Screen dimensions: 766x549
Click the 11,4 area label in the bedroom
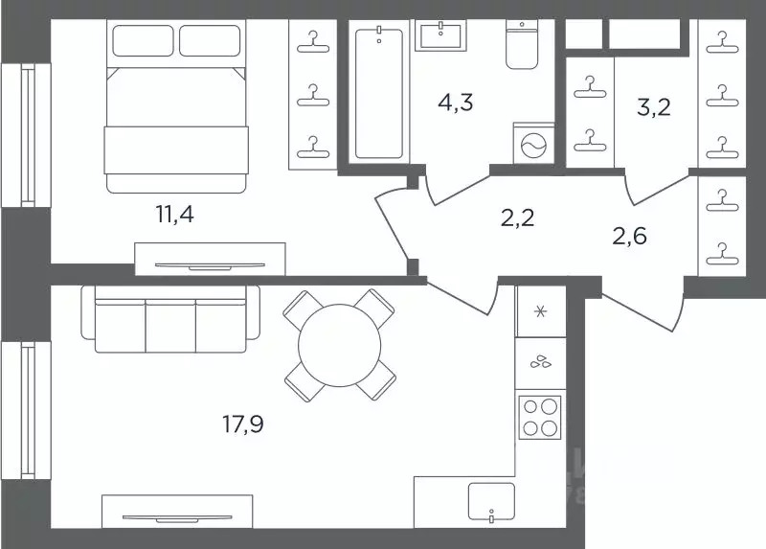175,214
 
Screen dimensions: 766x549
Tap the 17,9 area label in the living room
243,423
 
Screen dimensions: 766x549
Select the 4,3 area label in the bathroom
456,103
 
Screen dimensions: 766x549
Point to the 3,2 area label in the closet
654,107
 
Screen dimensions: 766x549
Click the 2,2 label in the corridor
517,217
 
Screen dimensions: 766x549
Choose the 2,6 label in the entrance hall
630,236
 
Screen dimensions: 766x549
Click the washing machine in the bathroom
534,144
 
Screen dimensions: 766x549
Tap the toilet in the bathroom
522,44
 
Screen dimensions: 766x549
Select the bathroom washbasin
440,34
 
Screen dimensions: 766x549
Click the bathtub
379,93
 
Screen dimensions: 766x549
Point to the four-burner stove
540,417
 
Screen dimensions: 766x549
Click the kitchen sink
491,502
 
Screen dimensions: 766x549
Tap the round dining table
340,345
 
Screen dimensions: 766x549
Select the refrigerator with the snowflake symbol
541,311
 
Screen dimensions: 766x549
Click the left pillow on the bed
143,40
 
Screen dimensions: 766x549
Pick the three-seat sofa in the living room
170,319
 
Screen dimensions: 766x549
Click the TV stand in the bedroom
210,259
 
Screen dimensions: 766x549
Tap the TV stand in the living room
177,512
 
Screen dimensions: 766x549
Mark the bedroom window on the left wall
27,135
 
